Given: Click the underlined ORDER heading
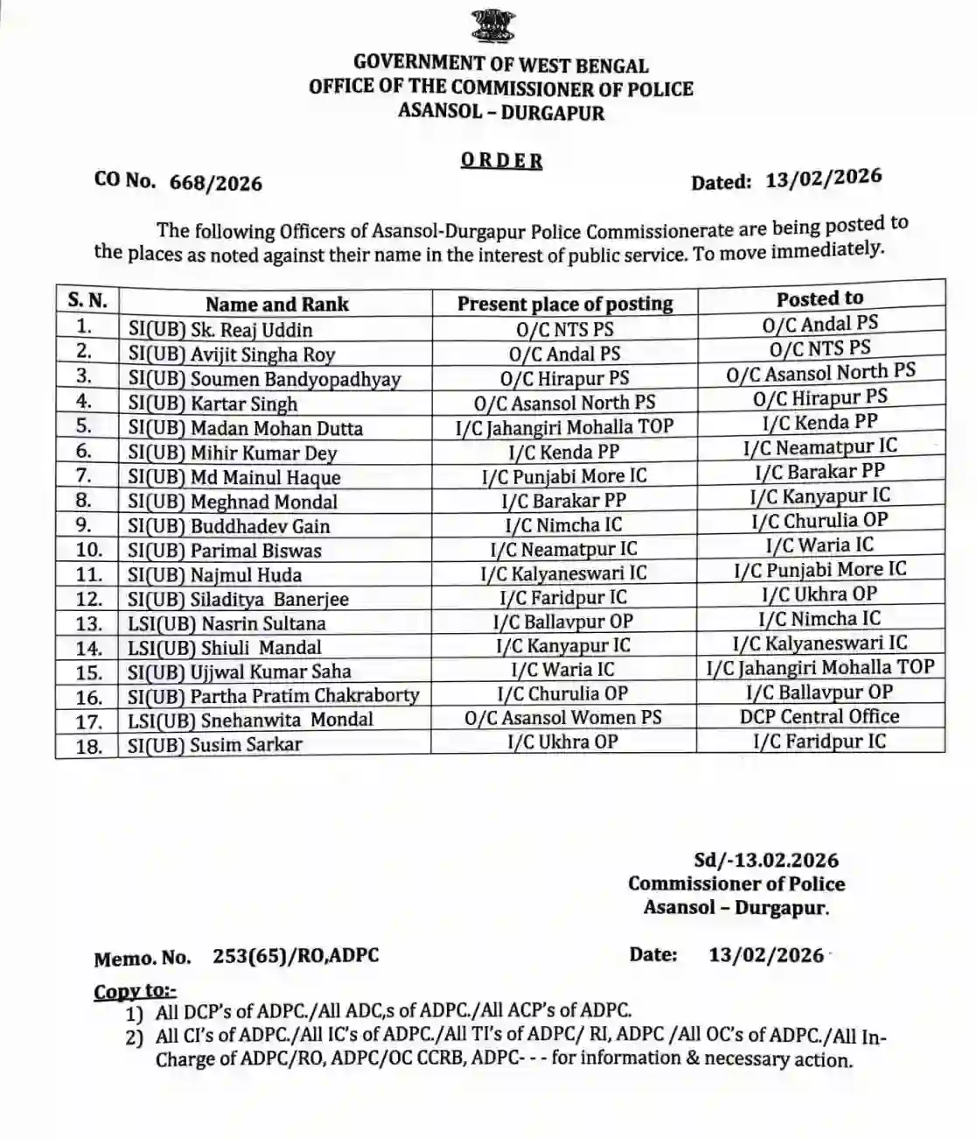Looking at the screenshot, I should coord(501,161).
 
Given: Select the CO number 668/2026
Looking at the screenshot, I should coord(216,182).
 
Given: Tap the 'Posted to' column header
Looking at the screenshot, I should coord(820,299).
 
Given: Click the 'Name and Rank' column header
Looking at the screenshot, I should coord(276,305).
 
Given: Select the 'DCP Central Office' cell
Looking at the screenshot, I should coord(820,716).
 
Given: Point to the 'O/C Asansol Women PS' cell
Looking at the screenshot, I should coord(563,718).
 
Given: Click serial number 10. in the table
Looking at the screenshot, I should coord(88,551).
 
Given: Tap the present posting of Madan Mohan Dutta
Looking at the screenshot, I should coord(564,427).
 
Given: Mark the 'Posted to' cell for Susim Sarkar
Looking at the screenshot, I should coord(820,741).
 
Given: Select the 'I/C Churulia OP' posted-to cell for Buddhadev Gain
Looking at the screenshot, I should coord(820,520).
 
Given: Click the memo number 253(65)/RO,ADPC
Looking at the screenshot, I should coord(296,955).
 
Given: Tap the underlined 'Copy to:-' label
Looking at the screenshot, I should coord(135,991).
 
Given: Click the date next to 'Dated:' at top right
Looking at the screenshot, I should coord(823,178).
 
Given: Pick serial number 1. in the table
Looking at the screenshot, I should coord(85,327).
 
